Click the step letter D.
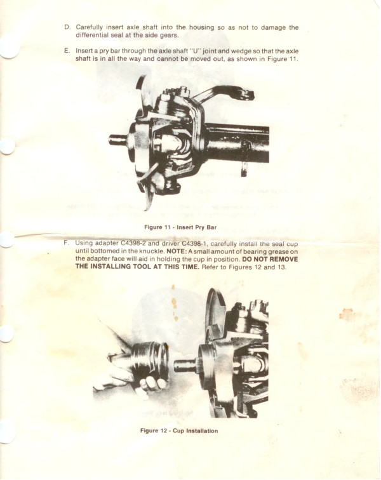[67, 27]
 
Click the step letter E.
[67, 51]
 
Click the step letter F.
[67, 243]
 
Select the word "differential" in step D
[91, 35]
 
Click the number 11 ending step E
[293, 59]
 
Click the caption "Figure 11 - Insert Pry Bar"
[180, 227]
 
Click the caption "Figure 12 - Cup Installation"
[179, 430]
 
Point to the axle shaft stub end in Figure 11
[118, 140]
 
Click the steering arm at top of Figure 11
[227, 93]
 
